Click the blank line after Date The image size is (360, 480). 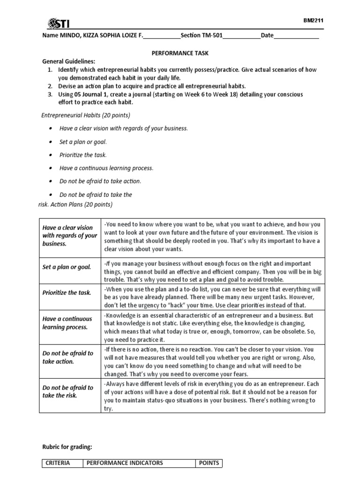[x=296, y=37]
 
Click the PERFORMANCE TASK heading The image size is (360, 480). [x=180, y=54]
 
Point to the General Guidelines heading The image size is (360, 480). [x=68, y=61]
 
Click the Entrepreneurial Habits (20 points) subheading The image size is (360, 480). [x=86, y=115]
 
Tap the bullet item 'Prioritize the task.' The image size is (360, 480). [x=83, y=155]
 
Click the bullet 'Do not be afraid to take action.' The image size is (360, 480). [x=100, y=181]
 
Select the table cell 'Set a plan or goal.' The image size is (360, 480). [x=67, y=267]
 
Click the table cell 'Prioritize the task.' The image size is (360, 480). [x=67, y=292]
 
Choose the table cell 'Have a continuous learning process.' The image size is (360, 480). [x=67, y=322]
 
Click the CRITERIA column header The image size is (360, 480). [x=58, y=463]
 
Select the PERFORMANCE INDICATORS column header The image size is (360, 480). [x=124, y=463]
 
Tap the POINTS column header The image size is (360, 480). [x=209, y=463]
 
